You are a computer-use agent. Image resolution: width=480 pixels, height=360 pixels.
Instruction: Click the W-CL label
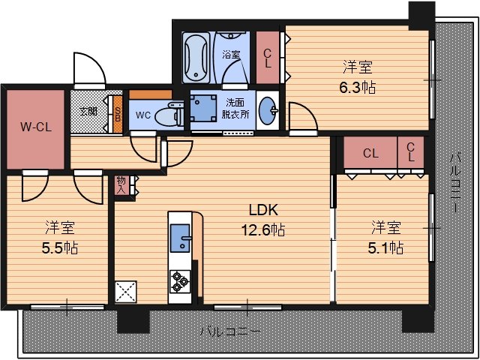pos(35,127)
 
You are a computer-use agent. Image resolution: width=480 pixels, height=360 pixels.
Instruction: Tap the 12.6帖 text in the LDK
pos(262,229)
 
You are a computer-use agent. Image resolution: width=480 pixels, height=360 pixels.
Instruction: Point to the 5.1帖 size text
pos(386,247)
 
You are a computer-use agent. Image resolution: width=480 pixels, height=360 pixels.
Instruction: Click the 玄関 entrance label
pos(88,111)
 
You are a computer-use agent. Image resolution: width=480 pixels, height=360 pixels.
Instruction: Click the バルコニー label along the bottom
pos(230,331)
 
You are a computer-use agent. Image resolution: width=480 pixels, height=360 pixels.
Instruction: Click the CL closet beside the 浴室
pos(268,57)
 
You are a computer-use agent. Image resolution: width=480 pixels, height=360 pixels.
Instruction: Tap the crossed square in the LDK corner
pos(124,289)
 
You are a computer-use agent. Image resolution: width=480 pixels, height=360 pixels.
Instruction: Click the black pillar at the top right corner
pos(421,13)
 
